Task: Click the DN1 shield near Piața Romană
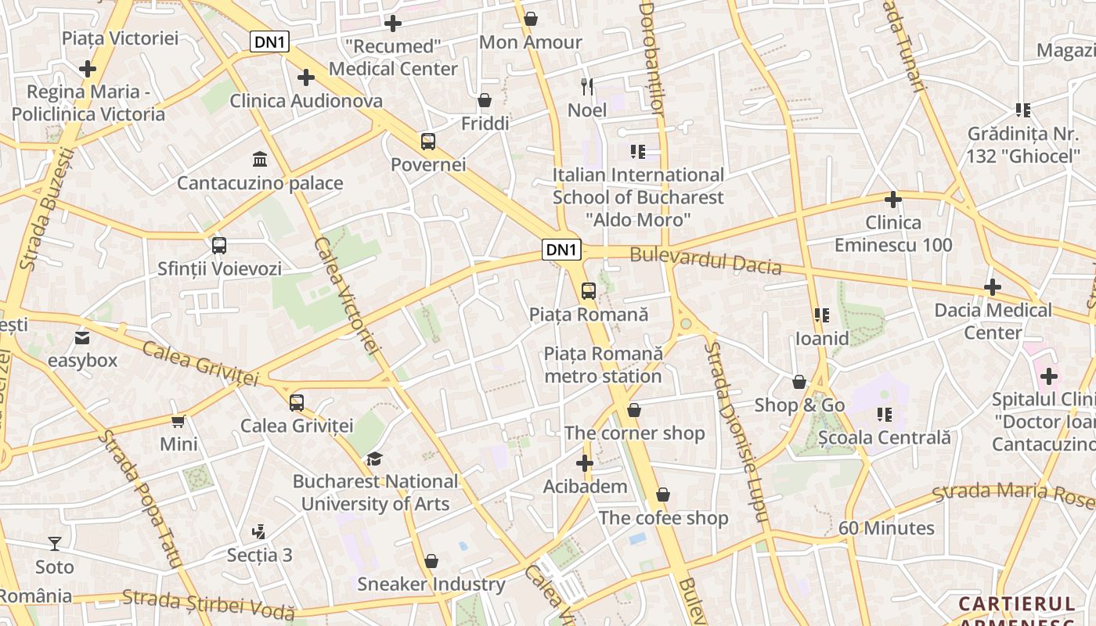pyautogui.click(x=562, y=250)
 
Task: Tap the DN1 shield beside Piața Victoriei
pyautogui.click(x=269, y=41)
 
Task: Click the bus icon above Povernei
pyautogui.click(x=427, y=142)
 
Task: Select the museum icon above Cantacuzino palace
pyautogui.click(x=259, y=160)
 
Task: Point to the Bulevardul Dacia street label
pyautogui.click(x=705, y=261)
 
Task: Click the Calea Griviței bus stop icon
pyautogui.click(x=296, y=403)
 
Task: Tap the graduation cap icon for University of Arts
pyautogui.click(x=375, y=459)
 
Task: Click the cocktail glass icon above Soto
pyautogui.click(x=54, y=543)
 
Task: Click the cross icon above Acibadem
pyautogui.click(x=585, y=463)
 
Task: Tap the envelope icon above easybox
pyautogui.click(x=82, y=338)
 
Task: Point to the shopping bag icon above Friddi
pyautogui.click(x=485, y=101)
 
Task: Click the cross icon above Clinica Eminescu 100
pyautogui.click(x=892, y=200)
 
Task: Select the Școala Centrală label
pyautogui.click(x=884, y=437)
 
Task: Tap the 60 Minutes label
pyautogui.click(x=886, y=528)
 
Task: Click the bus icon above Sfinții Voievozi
pyautogui.click(x=219, y=246)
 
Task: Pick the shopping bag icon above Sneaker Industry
pyautogui.click(x=431, y=561)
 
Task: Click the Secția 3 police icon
pyautogui.click(x=258, y=533)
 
